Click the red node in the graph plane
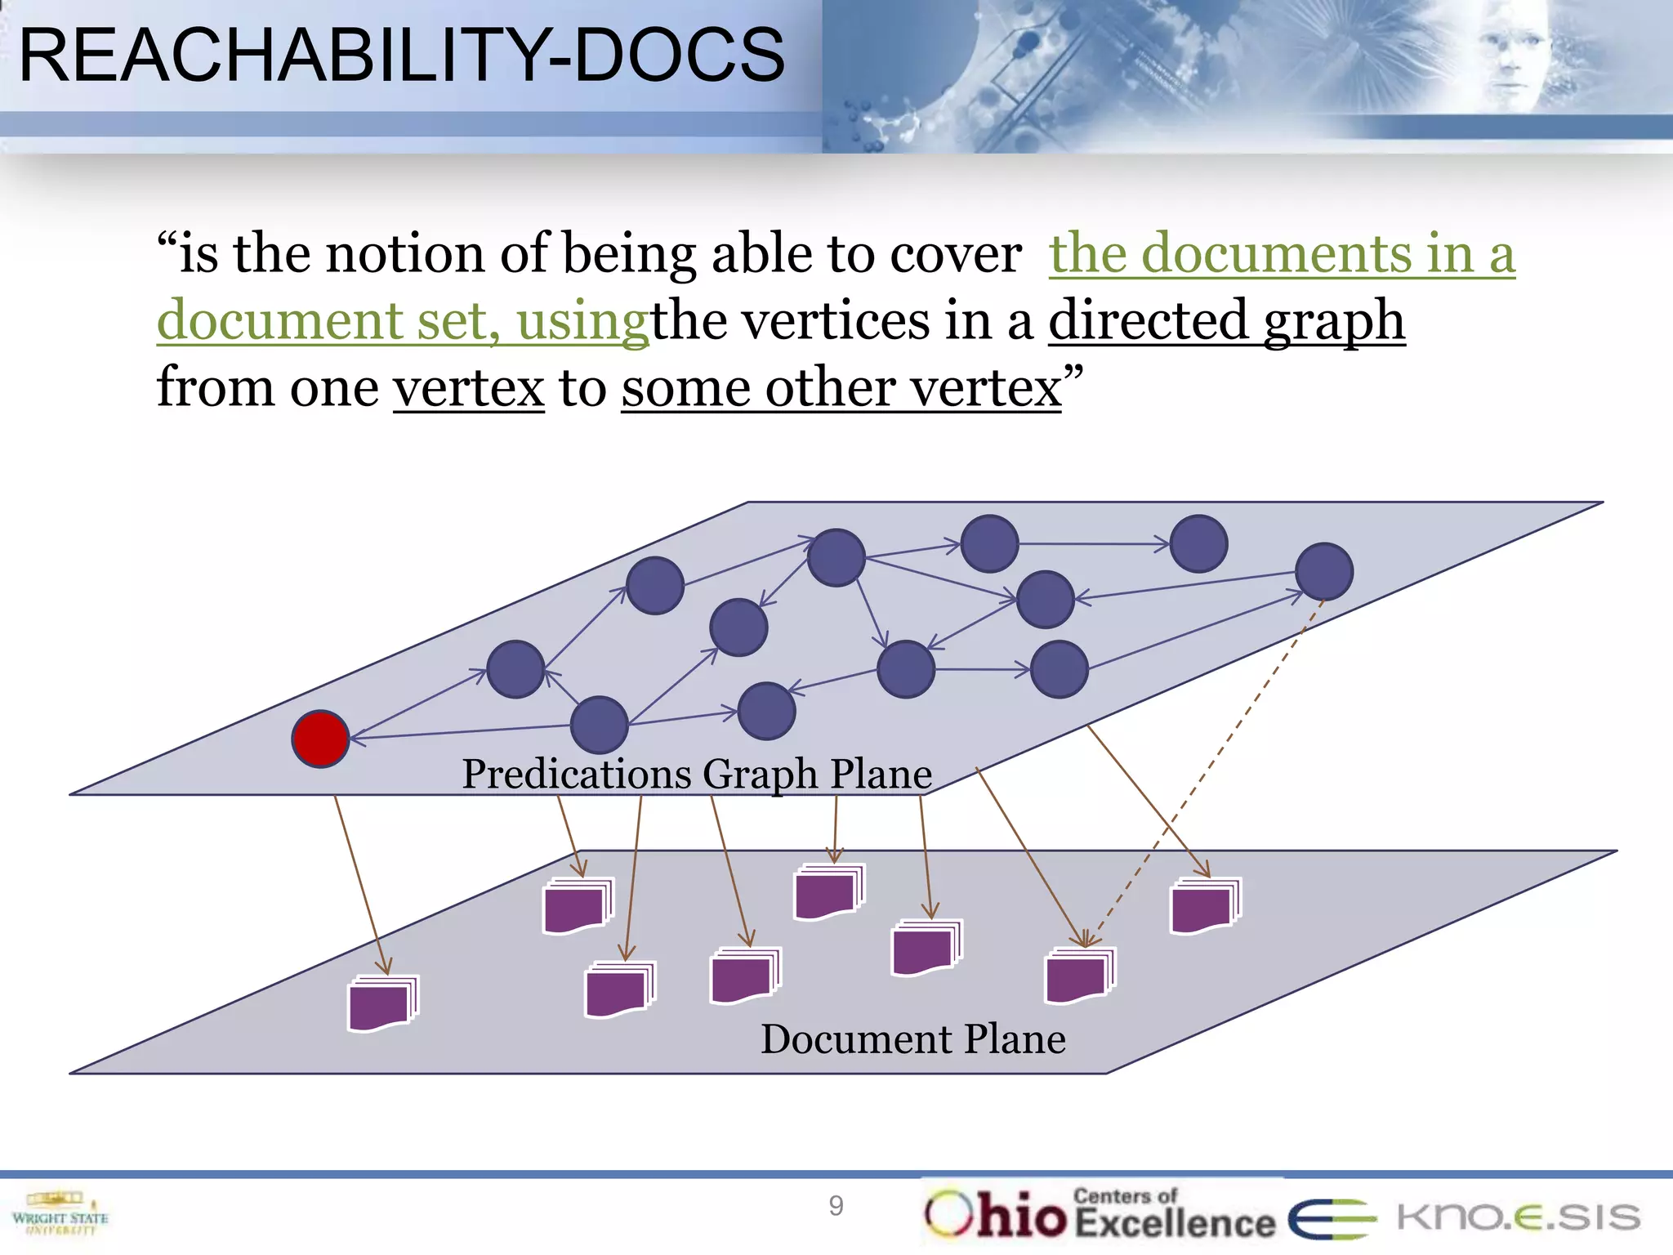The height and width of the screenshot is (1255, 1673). coord(320,739)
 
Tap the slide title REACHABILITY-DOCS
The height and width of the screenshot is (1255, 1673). coord(401,55)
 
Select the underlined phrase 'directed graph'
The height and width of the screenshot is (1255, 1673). coord(1226,320)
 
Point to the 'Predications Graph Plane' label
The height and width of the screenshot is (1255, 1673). coord(697,773)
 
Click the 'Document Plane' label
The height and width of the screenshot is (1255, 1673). coord(912,1038)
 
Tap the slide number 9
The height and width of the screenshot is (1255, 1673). coord(836,1206)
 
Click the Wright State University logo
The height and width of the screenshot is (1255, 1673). coord(60,1216)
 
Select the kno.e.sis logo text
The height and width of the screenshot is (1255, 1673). coord(1518,1217)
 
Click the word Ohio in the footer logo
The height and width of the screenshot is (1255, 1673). coord(996,1216)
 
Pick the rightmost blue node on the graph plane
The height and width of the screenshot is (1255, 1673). coord(1324,571)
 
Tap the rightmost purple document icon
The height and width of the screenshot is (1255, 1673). coord(1205,905)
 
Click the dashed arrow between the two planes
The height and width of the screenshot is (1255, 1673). coord(1201,784)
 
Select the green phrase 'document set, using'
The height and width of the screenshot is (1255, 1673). coord(402,320)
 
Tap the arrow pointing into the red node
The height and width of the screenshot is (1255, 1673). coord(457,731)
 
